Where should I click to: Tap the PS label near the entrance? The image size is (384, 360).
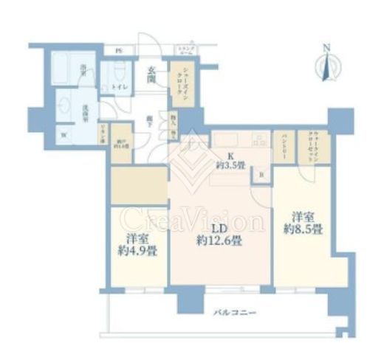(x=118, y=50)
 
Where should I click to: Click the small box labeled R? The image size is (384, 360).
(x=262, y=175)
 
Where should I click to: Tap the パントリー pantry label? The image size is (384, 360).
(x=284, y=148)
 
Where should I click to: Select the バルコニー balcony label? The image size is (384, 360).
(x=237, y=313)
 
